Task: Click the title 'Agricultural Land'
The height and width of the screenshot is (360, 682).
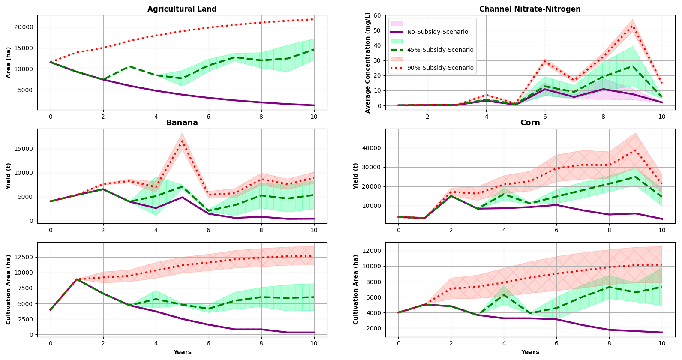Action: click(x=182, y=9)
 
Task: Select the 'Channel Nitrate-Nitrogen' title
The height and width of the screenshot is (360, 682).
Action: click(x=530, y=9)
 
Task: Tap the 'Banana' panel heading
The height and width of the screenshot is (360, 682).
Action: click(x=182, y=123)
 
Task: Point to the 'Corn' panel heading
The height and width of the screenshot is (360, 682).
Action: click(x=530, y=123)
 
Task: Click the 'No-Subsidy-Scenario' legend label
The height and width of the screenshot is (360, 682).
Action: click(x=437, y=32)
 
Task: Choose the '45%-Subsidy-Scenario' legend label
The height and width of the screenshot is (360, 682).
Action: click(x=440, y=50)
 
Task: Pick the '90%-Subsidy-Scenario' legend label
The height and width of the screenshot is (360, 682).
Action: click(x=440, y=68)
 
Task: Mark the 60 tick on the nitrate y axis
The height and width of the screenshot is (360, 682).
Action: click(x=377, y=15)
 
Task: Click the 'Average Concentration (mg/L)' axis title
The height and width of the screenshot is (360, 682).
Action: click(x=367, y=63)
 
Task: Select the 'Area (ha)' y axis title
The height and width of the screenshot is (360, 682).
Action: click(x=9, y=63)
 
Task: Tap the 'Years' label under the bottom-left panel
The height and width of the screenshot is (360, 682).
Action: click(x=182, y=352)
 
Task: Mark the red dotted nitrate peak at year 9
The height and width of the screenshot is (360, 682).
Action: click(x=632, y=27)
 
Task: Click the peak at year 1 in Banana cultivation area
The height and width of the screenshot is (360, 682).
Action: click(x=77, y=279)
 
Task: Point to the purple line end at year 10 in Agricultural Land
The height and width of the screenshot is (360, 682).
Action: click(x=314, y=105)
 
